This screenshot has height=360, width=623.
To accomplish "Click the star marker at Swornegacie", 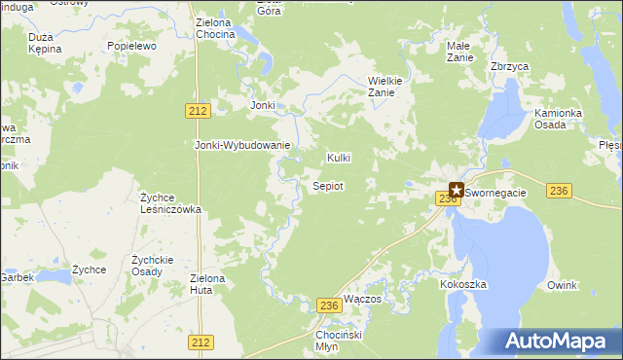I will [x=456, y=192].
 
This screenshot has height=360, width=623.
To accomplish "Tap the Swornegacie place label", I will [x=496, y=193].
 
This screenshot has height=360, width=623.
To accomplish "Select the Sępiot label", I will [x=326, y=185].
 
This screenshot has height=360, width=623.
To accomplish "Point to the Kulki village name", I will [x=338, y=158].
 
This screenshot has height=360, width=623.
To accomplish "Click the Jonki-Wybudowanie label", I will [x=243, y=145].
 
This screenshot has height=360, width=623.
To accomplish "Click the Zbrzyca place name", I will [x=509, y=66].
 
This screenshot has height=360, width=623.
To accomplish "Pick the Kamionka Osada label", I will [x=558, y=120].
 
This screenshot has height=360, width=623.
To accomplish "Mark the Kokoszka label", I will [x=462, y=284].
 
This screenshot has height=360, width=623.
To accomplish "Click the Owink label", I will [x=562, y=285].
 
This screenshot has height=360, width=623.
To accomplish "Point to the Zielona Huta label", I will [x=207, y=284].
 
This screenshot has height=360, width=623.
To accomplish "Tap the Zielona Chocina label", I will [x=215, y=28].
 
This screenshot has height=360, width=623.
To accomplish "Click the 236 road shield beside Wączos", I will [x=329, y=306].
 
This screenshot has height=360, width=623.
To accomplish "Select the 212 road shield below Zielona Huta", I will [x=202, y=342].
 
